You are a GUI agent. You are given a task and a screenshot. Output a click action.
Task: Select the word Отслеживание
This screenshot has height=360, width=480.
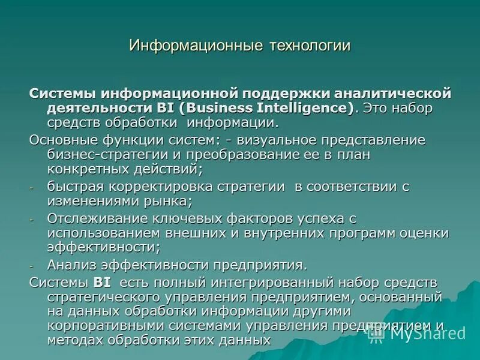[94, 218]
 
